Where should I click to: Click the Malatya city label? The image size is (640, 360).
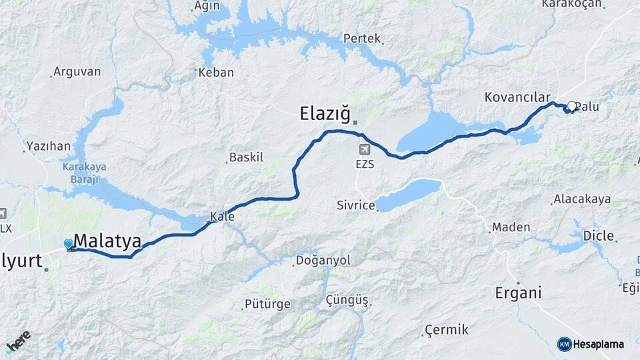pyautogui.click(x=107, y=241)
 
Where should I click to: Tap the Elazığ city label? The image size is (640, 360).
pyautogui.click(x=325, y=114)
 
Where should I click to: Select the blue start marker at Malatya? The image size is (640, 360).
pyautogui.click(x=68, y=244)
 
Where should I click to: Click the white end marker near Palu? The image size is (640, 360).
pyautogui.click(x=571, y=106)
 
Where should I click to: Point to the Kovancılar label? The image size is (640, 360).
pyautogui.click(x=517, y=97)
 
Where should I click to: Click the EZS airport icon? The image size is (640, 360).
pyautogui.click(x=364, y=149)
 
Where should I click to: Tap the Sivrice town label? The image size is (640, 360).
pyautogui.click(x=355, y=205)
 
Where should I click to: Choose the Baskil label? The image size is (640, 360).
pyautogui.click(x=246, y=158)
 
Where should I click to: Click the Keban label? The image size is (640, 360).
pyautogui.click(x=217, y=72)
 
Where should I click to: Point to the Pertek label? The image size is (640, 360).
pyautogui.click(x=361, y=39)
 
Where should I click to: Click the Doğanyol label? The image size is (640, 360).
pyautogui.click(x=323, y=261)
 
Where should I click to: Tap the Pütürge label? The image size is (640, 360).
pyautogui.click(x=268, y=304)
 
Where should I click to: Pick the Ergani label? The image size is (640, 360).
pyautogui.click(x=518, y=293)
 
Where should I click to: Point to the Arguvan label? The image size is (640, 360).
pyautogui.click(x=77, y=71)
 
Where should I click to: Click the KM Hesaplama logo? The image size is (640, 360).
pyautogui.click(x=591, y=344)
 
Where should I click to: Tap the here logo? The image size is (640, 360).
pyautogui.click(x=18, y=341)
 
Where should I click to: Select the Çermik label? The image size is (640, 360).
pyautogui.click(x=447, y=330)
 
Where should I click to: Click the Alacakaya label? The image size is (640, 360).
pyautogui.click(x=582, y=199)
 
